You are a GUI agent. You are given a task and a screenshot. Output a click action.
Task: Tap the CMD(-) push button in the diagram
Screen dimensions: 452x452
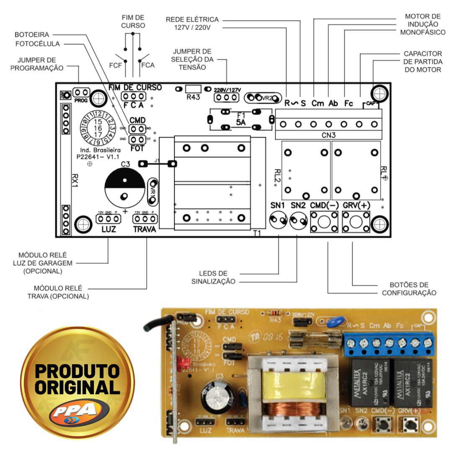[324, 222]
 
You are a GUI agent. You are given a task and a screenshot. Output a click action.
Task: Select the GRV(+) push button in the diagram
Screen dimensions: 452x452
[356, 222]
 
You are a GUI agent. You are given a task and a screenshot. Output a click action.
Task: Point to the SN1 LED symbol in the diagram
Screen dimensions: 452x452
[278, 221]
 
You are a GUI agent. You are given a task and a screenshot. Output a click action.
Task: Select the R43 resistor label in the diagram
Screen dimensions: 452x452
[193, 97]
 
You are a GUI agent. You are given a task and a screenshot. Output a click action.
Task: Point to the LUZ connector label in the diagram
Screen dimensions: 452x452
[108, 230]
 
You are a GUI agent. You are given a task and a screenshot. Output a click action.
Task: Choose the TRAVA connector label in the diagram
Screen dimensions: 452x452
[144, 230]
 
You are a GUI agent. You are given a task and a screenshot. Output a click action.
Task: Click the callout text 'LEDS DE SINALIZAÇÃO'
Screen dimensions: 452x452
[213, 277]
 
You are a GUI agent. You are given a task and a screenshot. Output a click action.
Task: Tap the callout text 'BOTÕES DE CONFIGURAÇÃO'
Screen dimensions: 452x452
[409, 289]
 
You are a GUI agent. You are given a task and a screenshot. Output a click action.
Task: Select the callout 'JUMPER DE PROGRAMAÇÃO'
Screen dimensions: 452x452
[37, 64]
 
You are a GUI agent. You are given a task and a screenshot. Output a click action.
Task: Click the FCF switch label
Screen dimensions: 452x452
[116, 65]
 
